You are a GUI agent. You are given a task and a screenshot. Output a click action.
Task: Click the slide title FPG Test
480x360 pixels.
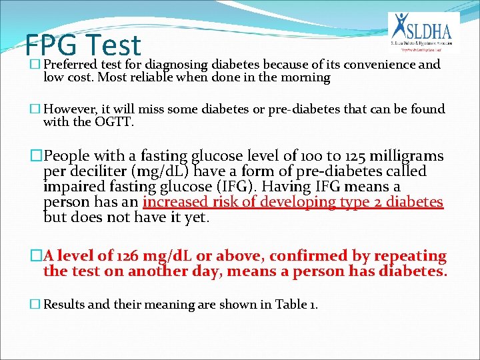tap(83, 45)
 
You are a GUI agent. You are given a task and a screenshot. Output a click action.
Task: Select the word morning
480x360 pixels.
tap(305, 77)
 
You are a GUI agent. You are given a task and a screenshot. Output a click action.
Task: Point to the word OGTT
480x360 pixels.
tap(116, 122)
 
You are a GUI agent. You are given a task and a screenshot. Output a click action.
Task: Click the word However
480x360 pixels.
tap(71, 109)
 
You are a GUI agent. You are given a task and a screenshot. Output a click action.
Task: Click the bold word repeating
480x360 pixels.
tap(409, 256)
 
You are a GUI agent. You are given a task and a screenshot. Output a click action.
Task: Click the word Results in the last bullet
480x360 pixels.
tap(65, 305)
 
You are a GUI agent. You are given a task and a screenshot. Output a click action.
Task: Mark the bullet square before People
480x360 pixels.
tap(36, 157)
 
